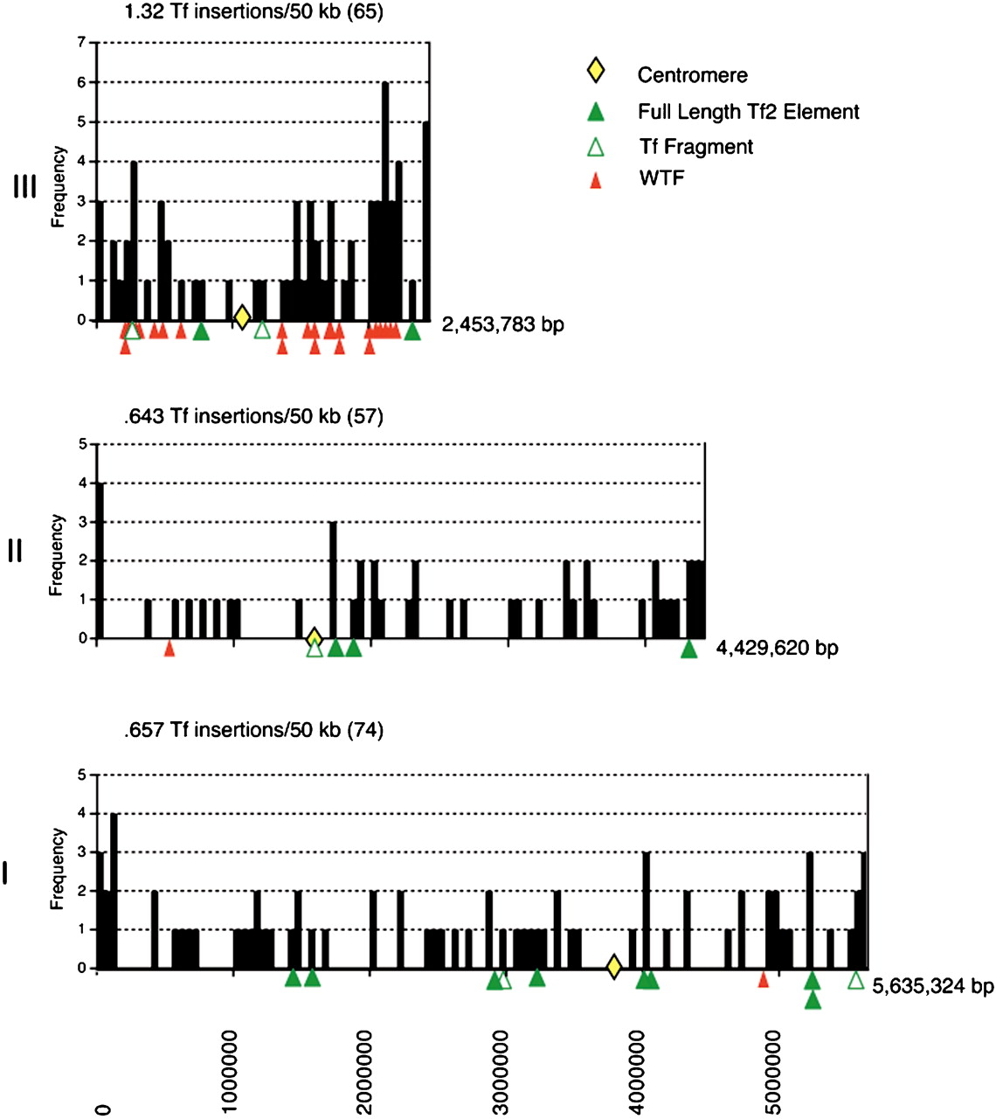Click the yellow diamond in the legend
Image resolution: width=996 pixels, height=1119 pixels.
point(595,71)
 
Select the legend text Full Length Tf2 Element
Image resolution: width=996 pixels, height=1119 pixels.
point(748,112)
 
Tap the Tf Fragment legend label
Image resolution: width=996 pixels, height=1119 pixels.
point(695,147)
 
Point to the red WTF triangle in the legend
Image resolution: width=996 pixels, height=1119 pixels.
point(595,181)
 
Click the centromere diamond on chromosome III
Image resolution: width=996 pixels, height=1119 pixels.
point(242,316)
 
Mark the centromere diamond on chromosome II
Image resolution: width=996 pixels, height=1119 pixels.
point(315,637)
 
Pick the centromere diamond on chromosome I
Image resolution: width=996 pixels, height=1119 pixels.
point(613,967)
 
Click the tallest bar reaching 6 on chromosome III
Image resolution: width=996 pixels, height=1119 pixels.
point(385,201)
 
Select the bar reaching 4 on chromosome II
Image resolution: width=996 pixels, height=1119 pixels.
point(100,560)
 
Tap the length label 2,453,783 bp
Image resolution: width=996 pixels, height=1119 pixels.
point(502,325)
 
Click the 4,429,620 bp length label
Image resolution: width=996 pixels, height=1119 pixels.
point(777,648)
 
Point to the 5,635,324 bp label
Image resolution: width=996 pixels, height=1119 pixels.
point(932,986)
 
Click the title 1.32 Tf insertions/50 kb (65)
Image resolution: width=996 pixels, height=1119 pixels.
point(253,12)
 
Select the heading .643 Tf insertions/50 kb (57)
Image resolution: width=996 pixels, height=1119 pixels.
point(253,416)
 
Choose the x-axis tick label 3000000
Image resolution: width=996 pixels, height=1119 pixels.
point(501,1072)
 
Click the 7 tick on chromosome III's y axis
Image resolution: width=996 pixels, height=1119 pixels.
point(81,42)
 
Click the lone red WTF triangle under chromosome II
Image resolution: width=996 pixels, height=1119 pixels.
point(169,649)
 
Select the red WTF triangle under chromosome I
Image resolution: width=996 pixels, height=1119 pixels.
point(764,979)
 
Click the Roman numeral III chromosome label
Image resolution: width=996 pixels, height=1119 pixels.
point(24,186)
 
